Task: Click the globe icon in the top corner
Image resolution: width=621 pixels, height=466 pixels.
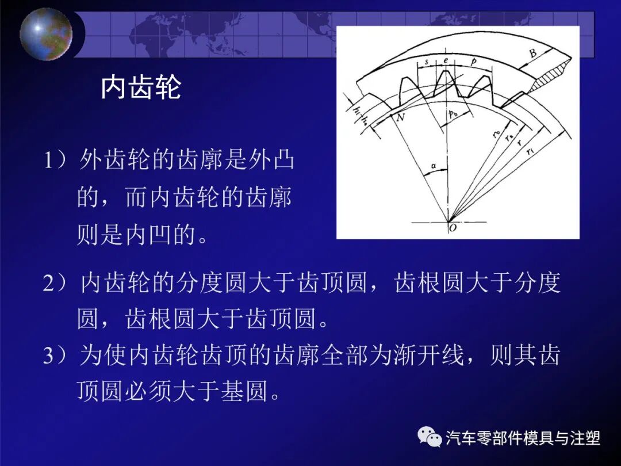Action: (46, 33)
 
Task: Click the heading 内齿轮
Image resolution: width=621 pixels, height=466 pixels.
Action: (141, 87)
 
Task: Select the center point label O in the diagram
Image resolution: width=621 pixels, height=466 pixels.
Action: (453, 228)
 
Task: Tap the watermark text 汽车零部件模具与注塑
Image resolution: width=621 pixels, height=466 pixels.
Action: (523, 438)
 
